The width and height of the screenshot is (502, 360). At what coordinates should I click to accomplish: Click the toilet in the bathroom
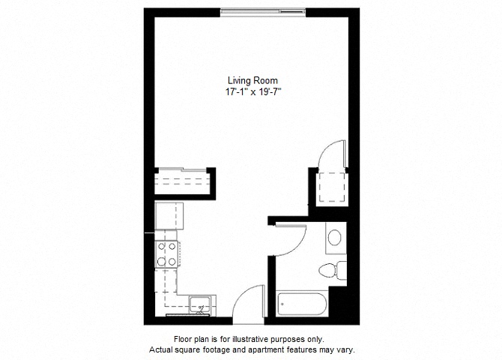tap(330, 269)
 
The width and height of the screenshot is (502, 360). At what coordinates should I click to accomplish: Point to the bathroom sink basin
tap(334, 238)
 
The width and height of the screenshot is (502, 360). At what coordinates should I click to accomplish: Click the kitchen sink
tap(200, 305)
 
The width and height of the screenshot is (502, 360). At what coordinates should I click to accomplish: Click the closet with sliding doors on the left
tap(184, 182)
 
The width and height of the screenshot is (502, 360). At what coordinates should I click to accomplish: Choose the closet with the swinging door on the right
tap(330, 184)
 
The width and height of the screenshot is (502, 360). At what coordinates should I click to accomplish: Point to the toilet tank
tap(341, 269)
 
